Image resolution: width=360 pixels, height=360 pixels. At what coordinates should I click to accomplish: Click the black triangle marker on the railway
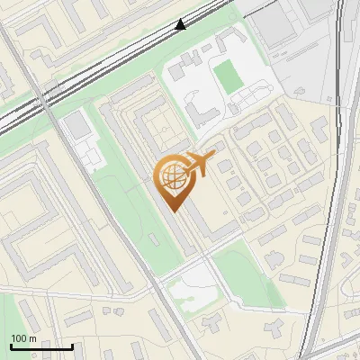(x=181, y=24)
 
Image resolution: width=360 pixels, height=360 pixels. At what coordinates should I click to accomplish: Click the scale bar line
(x=41, y=346)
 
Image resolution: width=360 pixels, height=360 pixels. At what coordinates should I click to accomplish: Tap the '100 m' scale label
(x=23, y=338)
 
